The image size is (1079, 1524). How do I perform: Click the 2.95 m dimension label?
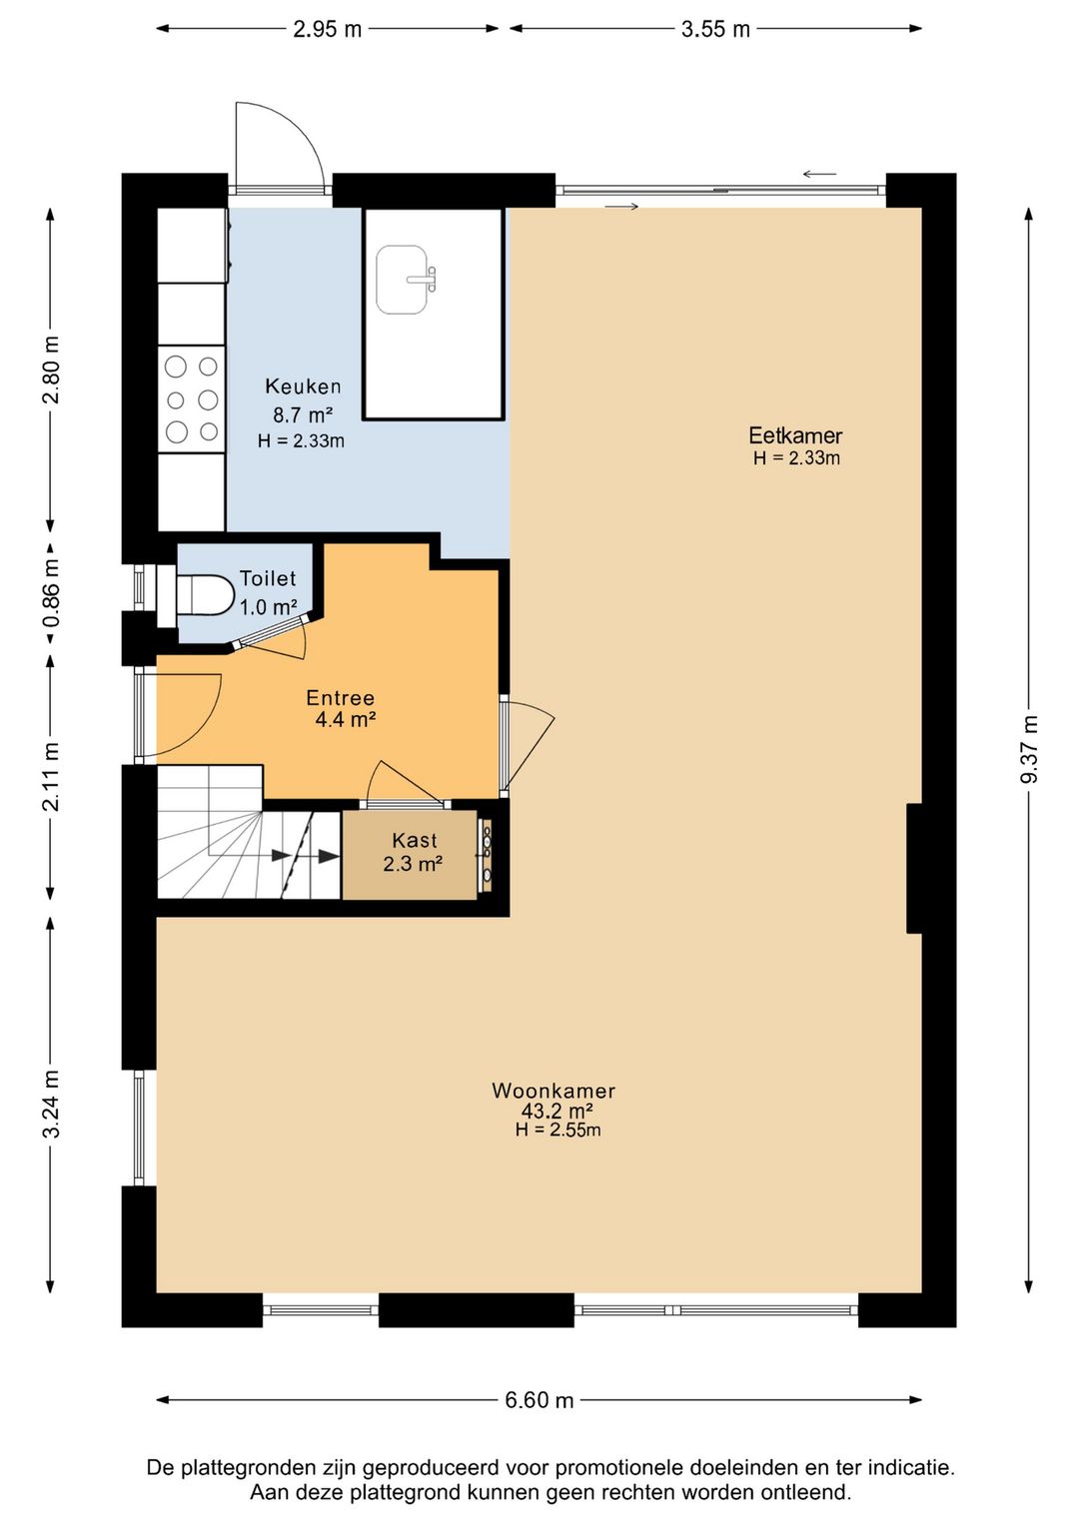pos(328,29)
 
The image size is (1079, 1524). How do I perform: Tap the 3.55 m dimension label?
pos(715,29)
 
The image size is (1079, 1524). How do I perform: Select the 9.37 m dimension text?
pos(1029,749)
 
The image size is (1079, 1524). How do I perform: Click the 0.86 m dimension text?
pos(52,593)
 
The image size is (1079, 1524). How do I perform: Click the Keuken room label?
pos(303,386)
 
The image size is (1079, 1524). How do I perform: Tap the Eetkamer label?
pos(796,434)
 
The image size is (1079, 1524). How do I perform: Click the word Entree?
pos(341,697)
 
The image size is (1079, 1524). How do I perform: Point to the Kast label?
pos(415,840)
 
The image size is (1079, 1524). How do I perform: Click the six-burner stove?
pos(192,399)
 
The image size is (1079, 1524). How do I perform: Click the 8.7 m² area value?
pos(303,414)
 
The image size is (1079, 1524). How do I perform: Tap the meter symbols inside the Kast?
pos(487,854)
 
